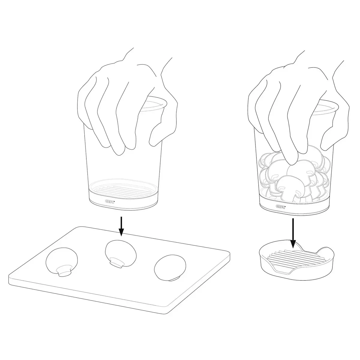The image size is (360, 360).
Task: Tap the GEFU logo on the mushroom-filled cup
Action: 280,206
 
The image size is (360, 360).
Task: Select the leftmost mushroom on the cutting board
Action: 62,262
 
